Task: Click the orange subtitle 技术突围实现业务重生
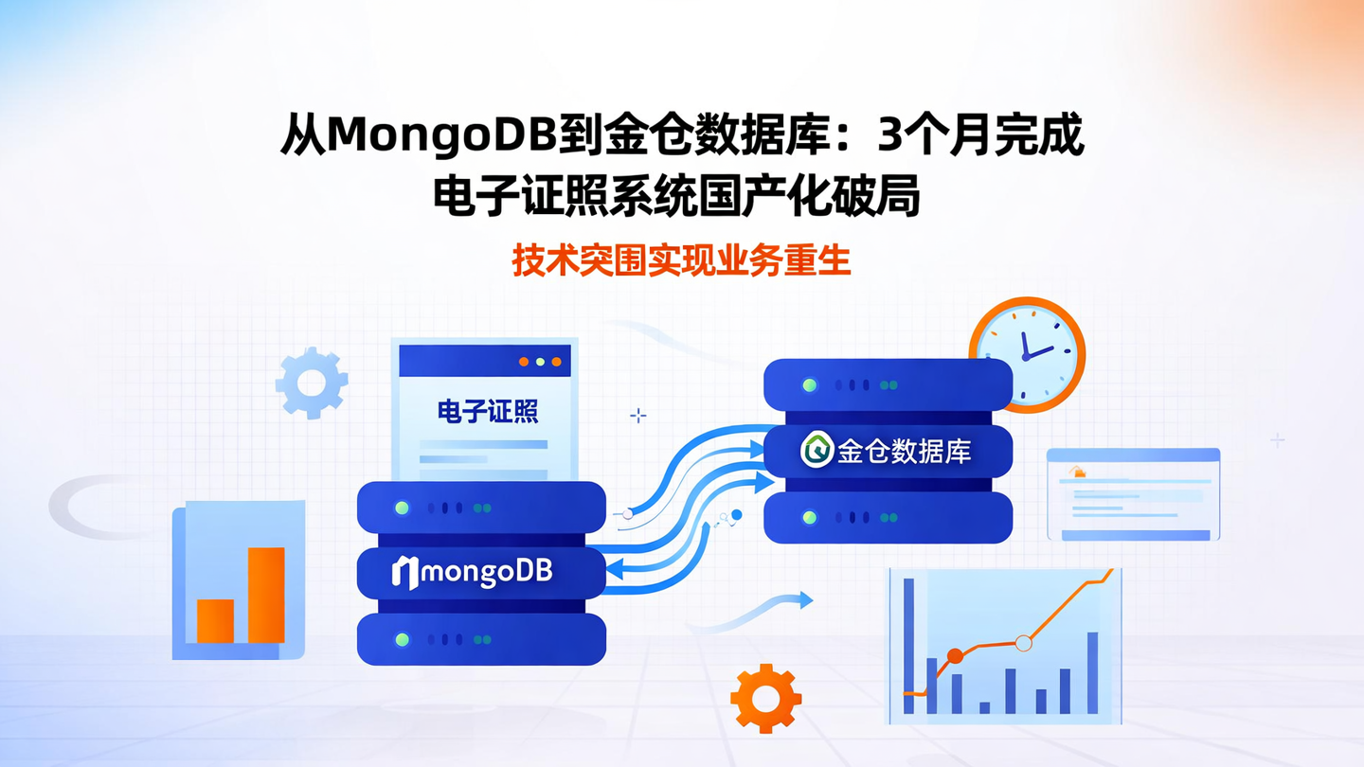(x=681, y=260)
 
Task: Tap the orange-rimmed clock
(x=1027, y=354)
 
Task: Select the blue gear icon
(x=312, y=383)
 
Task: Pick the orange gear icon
(x=765, y=699)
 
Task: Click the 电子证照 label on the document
(x=487, y=411)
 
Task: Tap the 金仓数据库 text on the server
(x=904, y=452)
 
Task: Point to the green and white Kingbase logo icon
(x=816, y=451)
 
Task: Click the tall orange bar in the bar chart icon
(x=266, y=595)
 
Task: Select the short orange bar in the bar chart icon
(x=215, y=620)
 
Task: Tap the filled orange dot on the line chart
(x=955, y=656)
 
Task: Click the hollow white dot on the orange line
(x=1023, y=643)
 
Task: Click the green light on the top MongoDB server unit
(x=402, y=508)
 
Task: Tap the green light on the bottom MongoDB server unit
(x=402, y=640)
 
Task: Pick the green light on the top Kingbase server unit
(x=809, y=385)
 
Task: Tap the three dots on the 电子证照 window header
(x=540, y=362)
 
